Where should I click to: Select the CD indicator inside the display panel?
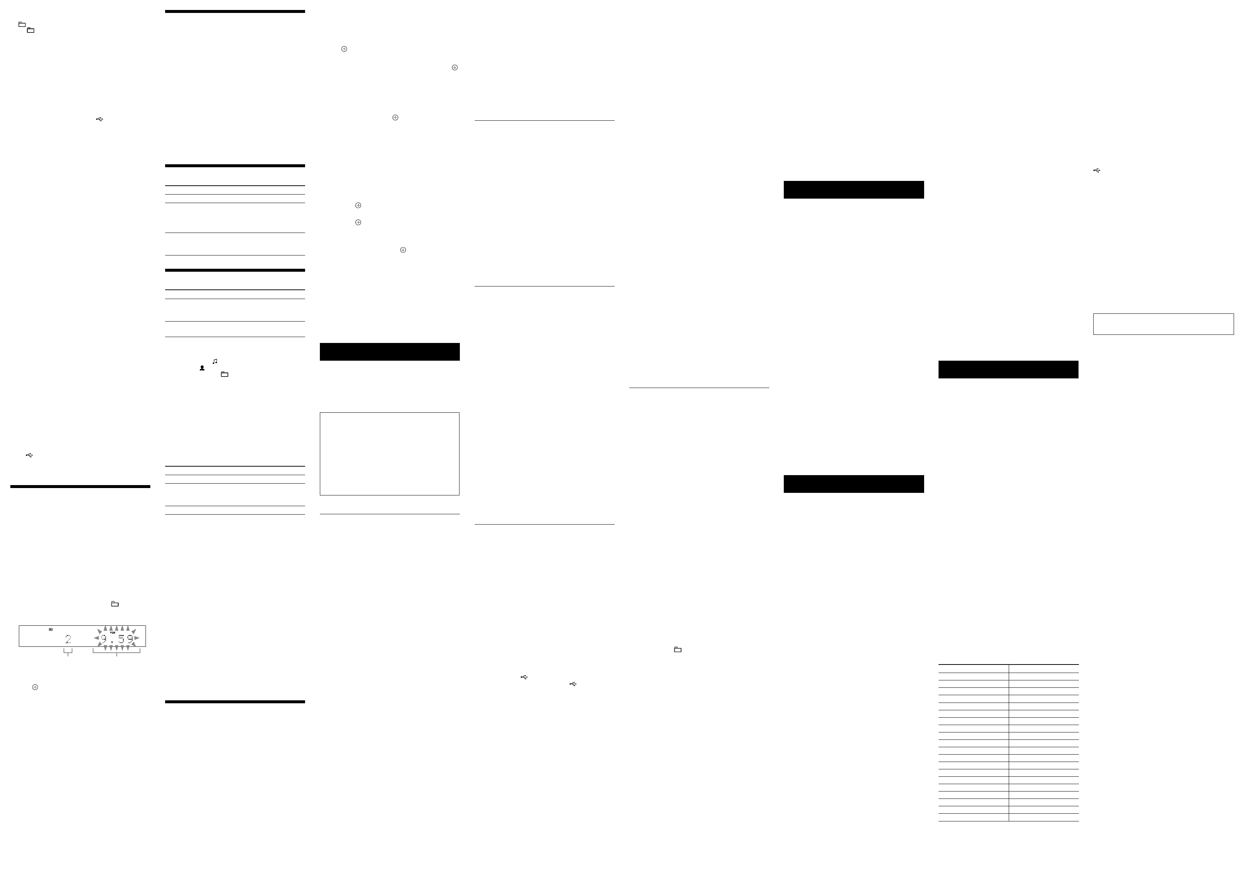[50, 629]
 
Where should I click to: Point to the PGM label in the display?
[113, 632]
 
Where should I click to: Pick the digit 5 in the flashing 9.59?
[122, 639]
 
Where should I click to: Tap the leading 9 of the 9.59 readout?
[103, 639]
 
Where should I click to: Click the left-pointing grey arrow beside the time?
[96, 638]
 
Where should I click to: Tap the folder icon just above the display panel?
[115, 604]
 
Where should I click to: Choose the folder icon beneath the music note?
[224, 374]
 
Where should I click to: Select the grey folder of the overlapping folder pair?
[22, 24]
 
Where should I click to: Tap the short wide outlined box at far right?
[1163, 324]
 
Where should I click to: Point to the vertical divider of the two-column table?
[1009, 742]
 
